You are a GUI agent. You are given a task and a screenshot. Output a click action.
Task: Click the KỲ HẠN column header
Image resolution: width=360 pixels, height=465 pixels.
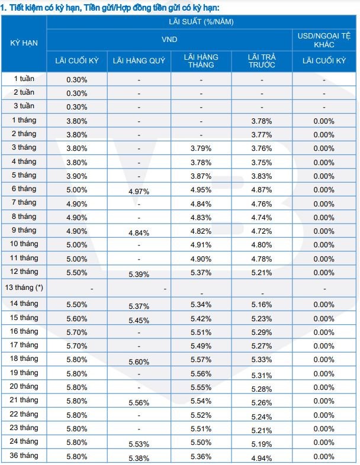[x=24, y=43]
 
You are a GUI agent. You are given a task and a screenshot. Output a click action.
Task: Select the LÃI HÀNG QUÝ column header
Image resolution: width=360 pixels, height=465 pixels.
[x=139, y=61]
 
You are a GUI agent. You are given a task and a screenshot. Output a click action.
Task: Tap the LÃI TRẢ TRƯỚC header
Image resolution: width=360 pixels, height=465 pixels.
[x=262, y=61]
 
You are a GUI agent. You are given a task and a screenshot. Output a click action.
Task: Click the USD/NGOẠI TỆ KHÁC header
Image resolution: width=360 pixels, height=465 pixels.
[x=324, y=40]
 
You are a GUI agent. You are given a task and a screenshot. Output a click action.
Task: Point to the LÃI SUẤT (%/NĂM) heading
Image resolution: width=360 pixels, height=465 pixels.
[x=201, y=22]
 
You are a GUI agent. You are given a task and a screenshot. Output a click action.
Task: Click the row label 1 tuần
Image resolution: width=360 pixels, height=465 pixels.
[x=24, y=79]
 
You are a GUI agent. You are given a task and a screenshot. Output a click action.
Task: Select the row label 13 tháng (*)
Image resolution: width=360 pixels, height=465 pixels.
[x=24, y=288]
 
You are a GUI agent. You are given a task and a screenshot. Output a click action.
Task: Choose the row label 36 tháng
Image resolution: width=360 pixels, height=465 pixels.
[x=24, y=455]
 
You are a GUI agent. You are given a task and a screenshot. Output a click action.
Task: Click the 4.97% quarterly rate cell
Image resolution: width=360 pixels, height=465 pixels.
[x=139, y=192]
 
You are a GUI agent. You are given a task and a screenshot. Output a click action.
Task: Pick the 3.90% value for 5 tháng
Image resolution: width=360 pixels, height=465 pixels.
[x=77, y=176]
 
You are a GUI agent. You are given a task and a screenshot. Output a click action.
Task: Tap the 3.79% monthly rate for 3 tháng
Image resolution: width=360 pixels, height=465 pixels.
[x=201, y=148]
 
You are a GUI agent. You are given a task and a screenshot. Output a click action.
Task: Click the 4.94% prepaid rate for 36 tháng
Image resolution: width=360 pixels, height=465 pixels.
[x=262, y=458]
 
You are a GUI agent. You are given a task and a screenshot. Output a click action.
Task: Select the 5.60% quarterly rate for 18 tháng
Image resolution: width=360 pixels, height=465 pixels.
[x=139, y=362]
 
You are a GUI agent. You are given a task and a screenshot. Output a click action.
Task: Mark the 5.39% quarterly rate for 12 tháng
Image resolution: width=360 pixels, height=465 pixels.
[x=139, y=275]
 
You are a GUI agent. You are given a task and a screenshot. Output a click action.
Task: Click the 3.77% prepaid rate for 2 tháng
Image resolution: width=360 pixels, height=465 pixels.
[x=262, y=135]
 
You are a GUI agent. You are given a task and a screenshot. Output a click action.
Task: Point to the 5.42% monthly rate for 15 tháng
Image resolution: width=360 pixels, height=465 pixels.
[x=201, y=319]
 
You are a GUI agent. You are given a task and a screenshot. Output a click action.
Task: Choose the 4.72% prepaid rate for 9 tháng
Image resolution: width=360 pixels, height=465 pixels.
[x=262, y=231]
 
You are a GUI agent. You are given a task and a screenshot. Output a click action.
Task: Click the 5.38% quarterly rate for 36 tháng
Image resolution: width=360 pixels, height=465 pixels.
[x=139, y=458]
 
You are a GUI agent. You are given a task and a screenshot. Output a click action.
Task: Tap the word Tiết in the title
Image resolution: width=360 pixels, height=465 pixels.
[x=17, y=8]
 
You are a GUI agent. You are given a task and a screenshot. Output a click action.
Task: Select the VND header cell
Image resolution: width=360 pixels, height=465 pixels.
[x=169, y=40]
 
